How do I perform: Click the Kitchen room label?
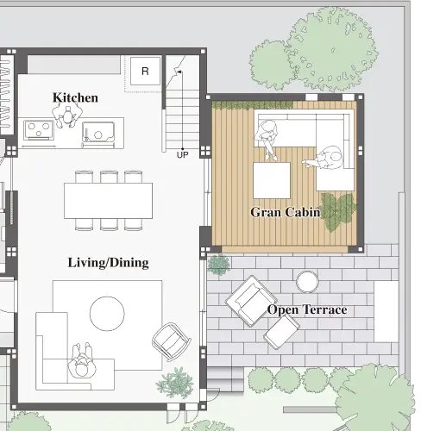75,97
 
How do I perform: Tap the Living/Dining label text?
109,263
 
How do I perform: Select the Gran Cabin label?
285,212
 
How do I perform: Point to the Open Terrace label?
307,310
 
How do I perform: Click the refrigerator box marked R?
145,71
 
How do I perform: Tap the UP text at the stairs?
182,155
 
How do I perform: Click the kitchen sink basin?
98,132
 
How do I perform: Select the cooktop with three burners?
39,130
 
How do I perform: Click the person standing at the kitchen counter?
67,115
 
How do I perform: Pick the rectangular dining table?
108,201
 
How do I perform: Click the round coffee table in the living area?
107,314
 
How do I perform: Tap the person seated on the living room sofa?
82,360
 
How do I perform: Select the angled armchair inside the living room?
172,342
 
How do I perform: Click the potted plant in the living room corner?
175,382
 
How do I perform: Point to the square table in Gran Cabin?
272,180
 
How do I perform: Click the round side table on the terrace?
307,282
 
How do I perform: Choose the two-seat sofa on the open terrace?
251,301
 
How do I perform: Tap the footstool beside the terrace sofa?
281,332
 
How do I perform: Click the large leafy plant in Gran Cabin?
338,211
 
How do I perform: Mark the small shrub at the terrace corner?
219,265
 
